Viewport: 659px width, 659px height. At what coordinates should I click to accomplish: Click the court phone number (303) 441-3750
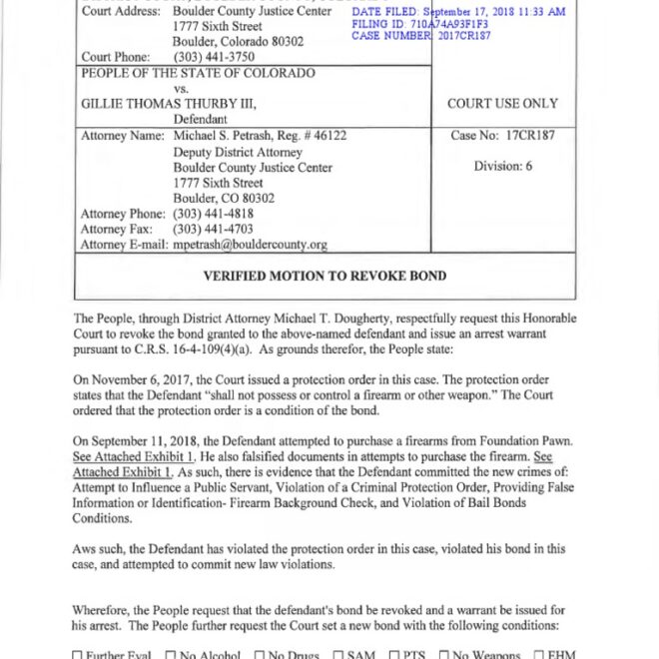pyautogui.click(x=213, y=57)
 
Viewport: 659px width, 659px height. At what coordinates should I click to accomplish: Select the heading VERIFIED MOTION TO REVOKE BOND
pyautogui.click(x=325, y=276)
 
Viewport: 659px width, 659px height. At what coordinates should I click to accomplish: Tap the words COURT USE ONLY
pyautogui.click(x=502, y=104)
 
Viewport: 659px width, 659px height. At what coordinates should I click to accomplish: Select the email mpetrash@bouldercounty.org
pyautogui.click(x=250, y=245)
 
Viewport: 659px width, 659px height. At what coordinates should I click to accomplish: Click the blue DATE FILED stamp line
pyautogui.click(x=458, y=12)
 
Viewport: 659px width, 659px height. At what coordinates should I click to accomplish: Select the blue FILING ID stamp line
pyautogui.click(x=420, y=24)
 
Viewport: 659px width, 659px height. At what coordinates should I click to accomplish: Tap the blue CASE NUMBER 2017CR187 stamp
pyautogui.click(x=421, y=36)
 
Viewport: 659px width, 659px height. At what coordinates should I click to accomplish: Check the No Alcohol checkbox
pyautogui.click(x=171, y=655)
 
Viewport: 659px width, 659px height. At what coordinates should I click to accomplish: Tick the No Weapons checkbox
pyautogui.click(x=444, y=655)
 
